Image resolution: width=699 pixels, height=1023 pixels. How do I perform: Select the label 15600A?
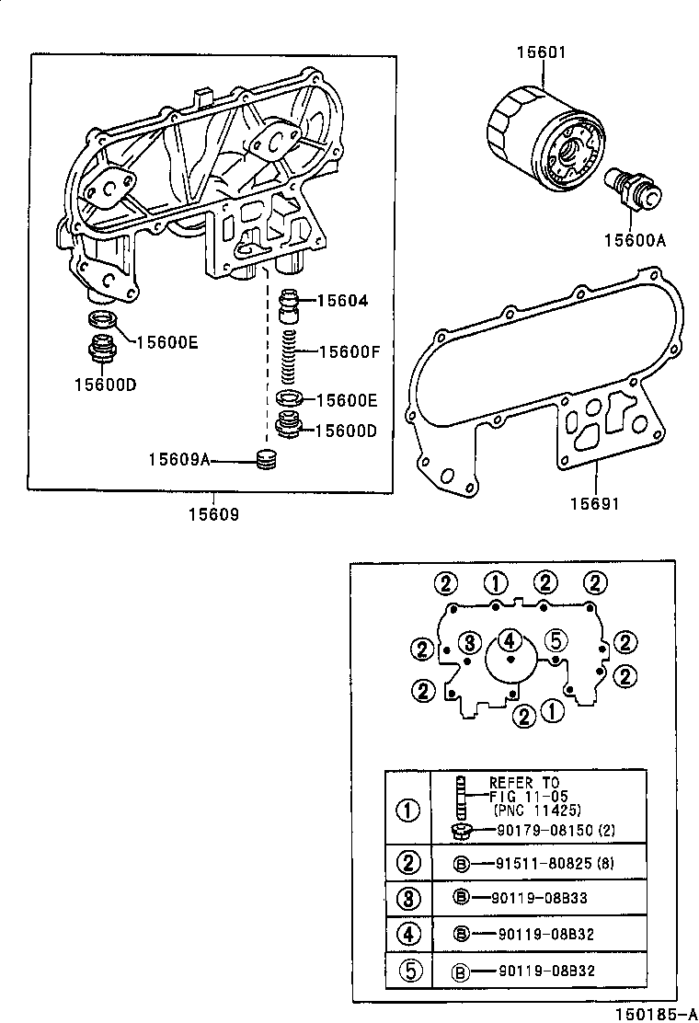(x=634, y=241)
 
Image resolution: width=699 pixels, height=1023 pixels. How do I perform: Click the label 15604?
(x=342, y=301)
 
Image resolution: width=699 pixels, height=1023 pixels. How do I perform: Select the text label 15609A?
(x=179, y=458)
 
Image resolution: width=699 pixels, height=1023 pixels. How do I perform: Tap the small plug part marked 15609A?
(x=266, y=460)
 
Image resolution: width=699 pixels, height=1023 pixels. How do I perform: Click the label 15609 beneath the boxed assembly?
(x=214, y=514)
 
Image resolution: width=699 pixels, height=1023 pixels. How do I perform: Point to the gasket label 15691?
(x=593, y=504)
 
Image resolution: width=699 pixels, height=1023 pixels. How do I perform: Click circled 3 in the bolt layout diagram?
(x=468, y=641)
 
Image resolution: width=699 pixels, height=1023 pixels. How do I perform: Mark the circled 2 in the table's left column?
(x=407, y=863)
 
